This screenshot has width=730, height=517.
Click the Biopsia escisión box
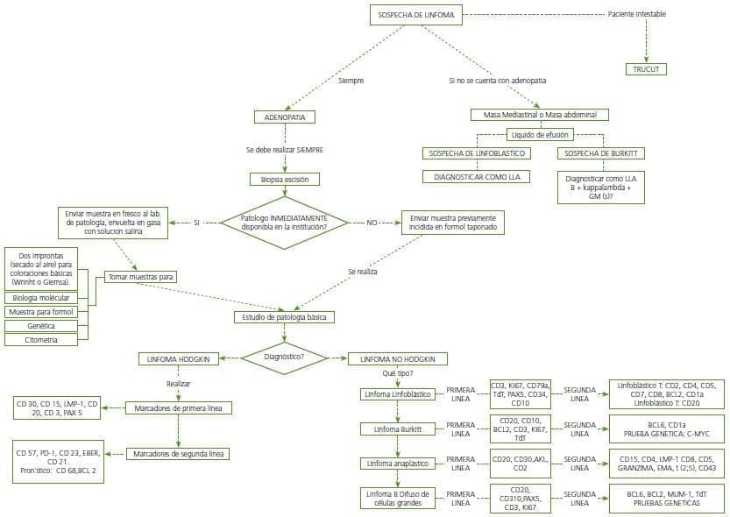[284, 179]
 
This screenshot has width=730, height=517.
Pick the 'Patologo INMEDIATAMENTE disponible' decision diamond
[284, 223]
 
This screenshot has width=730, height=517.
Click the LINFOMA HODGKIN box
[178, 358]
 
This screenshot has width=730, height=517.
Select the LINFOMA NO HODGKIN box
[397, 358]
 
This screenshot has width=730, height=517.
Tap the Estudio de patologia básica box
[283, 317]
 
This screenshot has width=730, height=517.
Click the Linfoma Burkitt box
[397, 428]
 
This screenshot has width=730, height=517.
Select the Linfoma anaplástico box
[397, 463]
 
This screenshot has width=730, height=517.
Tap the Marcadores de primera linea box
[178, 407]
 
